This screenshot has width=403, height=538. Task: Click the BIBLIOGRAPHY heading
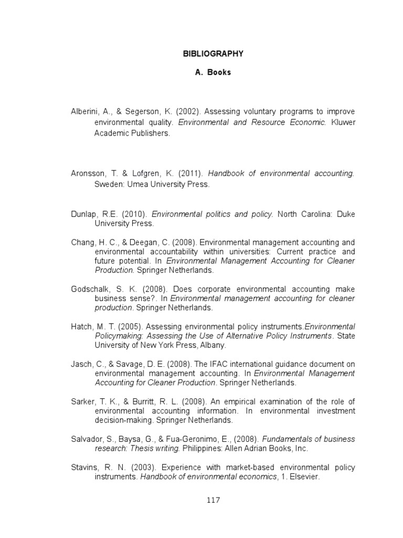pos(213,54)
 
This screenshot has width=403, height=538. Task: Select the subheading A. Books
pos(213,73)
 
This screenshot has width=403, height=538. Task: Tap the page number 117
pos(213,500)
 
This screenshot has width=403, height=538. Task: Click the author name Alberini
pos(84,112)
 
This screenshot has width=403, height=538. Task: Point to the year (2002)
pos(188,112)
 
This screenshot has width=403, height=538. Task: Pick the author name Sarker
pos(83,401)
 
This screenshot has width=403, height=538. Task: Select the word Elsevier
pos(305,477)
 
